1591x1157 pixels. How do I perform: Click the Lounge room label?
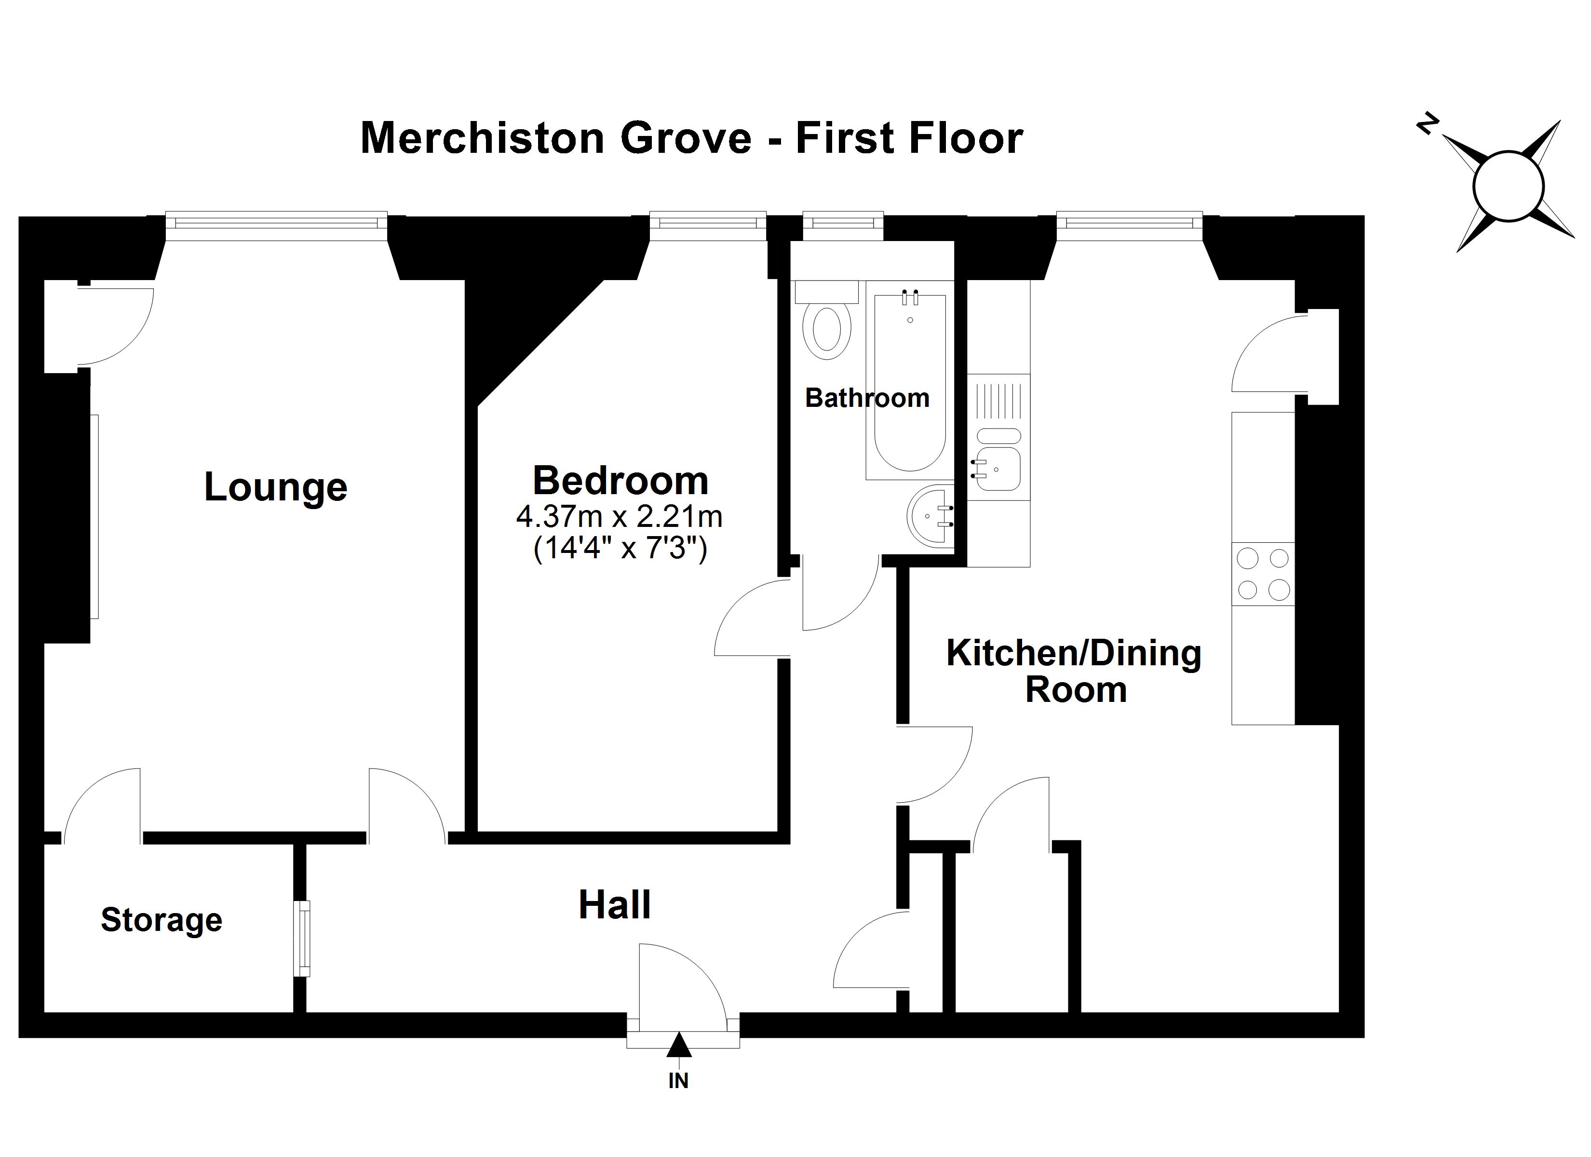pos(276,487)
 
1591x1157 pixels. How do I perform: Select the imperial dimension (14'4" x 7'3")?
pos(620,548)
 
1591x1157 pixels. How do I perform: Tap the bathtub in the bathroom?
pos(909,382)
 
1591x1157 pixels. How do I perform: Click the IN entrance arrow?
pos(678,1046)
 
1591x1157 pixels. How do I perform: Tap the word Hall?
pos(615,905)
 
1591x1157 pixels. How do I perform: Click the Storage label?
pos(162,920)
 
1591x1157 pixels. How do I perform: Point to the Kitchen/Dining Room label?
pos(1074,671)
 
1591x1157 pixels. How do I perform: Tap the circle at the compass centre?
pos(1508,187)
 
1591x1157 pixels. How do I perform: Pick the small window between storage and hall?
pos(302,938)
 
